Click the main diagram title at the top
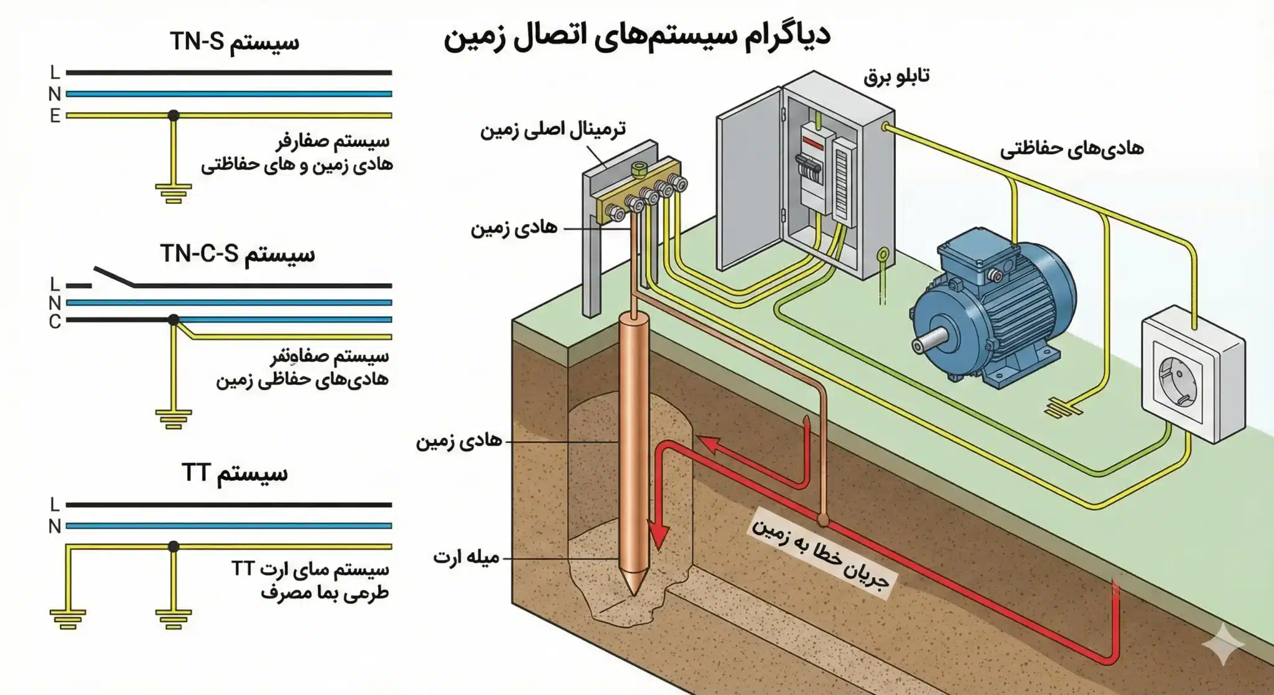click(637, 36)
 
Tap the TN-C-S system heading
click(238, 254)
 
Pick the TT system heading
click(235, 473)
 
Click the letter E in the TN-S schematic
click(55, 116)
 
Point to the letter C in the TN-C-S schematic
click(55, 322)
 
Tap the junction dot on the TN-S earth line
click(174, 115)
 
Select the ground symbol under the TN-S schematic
click(173, 193)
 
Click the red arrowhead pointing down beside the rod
click(658, 536)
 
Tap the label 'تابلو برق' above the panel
click(896, 77)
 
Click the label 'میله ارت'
click(467, 557)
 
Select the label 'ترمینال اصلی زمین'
click(552, 130)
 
